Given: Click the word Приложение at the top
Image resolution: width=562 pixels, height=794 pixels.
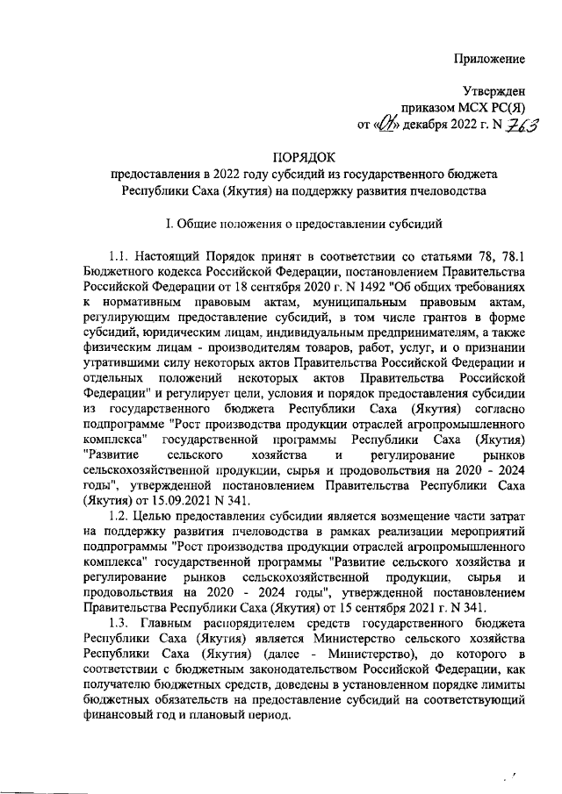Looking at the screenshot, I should pyautogui.click(x=490, y=59).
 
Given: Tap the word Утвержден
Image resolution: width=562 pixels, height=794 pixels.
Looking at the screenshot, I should pyautogui.click(x=494, y=91).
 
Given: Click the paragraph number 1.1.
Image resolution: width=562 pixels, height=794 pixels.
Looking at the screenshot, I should pyautogui.click(x=123, y=256).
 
